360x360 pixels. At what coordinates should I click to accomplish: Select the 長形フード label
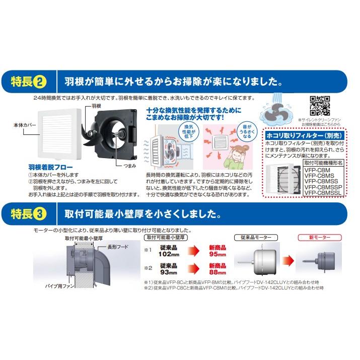[x=117, y=247]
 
